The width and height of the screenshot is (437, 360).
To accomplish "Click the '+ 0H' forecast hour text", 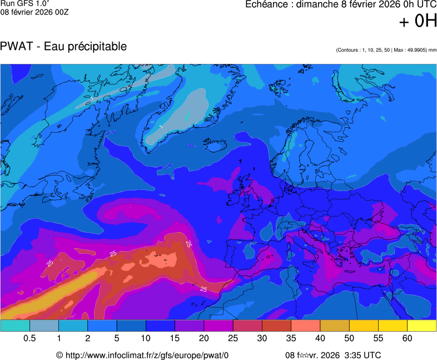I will coord(418,21).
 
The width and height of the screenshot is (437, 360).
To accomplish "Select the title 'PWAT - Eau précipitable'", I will coord(63,47).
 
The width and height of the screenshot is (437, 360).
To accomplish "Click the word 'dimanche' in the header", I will coord(314,4).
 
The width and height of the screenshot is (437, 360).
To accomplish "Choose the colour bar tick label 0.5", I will coord(29,338).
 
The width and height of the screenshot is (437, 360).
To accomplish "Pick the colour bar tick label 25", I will coord(232,338).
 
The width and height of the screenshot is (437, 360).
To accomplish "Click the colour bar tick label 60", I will coord(407,338).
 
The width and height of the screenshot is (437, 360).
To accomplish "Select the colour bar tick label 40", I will coord(320,338).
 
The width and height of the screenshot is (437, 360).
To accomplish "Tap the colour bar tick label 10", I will coord(146,338).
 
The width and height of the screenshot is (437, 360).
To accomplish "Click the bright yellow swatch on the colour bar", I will coord(421,326).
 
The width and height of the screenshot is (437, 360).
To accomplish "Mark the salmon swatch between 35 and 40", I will coord(305,326).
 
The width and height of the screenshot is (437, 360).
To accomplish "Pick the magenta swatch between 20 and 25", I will coord(218,326).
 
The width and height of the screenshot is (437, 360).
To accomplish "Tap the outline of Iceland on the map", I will coord(216,146).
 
